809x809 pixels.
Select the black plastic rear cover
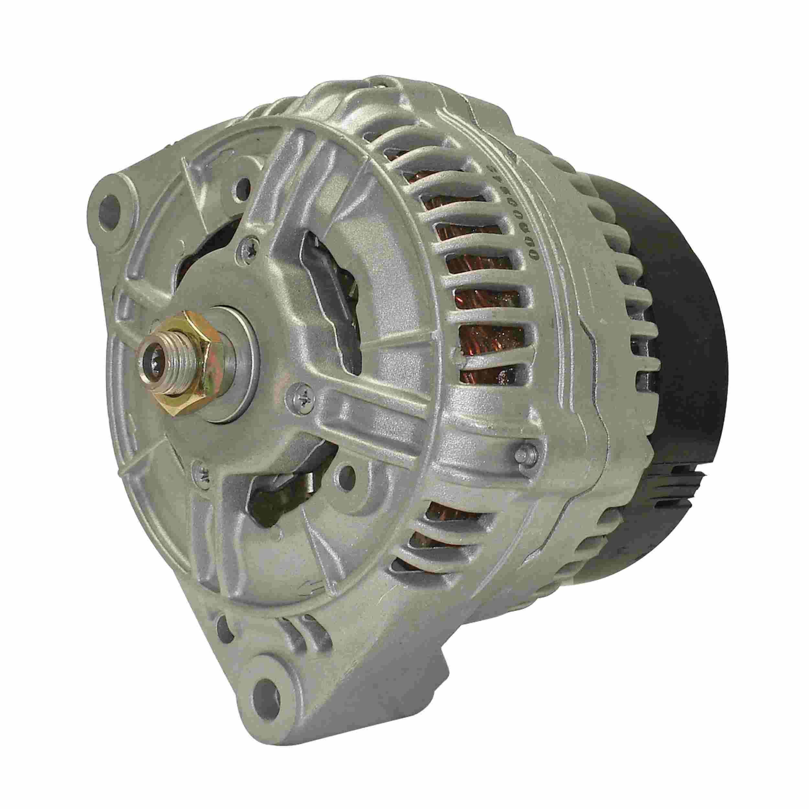(674, 377)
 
